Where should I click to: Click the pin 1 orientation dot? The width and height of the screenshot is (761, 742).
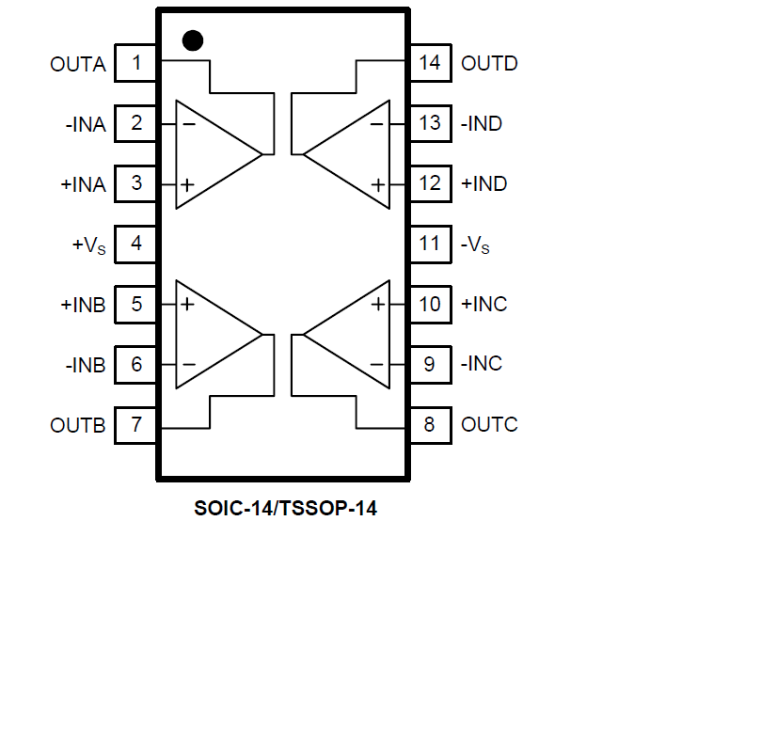(193, 39)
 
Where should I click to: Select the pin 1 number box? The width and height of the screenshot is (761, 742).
(136, 64)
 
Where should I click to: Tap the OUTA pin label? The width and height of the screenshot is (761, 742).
(78, 64)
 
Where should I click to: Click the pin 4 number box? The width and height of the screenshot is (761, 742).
(136, 244)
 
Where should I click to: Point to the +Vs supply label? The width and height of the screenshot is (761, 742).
(89, 245)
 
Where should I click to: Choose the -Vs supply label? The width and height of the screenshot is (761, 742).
(476, 245)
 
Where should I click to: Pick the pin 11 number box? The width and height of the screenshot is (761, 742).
(430, 244)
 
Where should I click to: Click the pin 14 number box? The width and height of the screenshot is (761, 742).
(430, 64)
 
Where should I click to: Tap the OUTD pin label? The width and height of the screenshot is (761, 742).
(489, 64)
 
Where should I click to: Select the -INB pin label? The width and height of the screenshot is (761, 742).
(87, 364)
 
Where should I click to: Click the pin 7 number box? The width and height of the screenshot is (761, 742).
(136, 424)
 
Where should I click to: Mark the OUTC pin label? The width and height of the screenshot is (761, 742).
(489, 424)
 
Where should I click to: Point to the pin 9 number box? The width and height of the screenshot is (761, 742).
(430, 364)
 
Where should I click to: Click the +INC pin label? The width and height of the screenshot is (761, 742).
(484, 304)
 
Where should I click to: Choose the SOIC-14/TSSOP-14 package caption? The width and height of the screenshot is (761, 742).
(285, 510)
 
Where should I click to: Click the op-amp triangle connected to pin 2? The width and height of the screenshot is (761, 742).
(212, 153)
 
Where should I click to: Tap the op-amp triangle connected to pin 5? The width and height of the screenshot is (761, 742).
(212, 334)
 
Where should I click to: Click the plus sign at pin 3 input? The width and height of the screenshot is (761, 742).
(187, 184)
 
